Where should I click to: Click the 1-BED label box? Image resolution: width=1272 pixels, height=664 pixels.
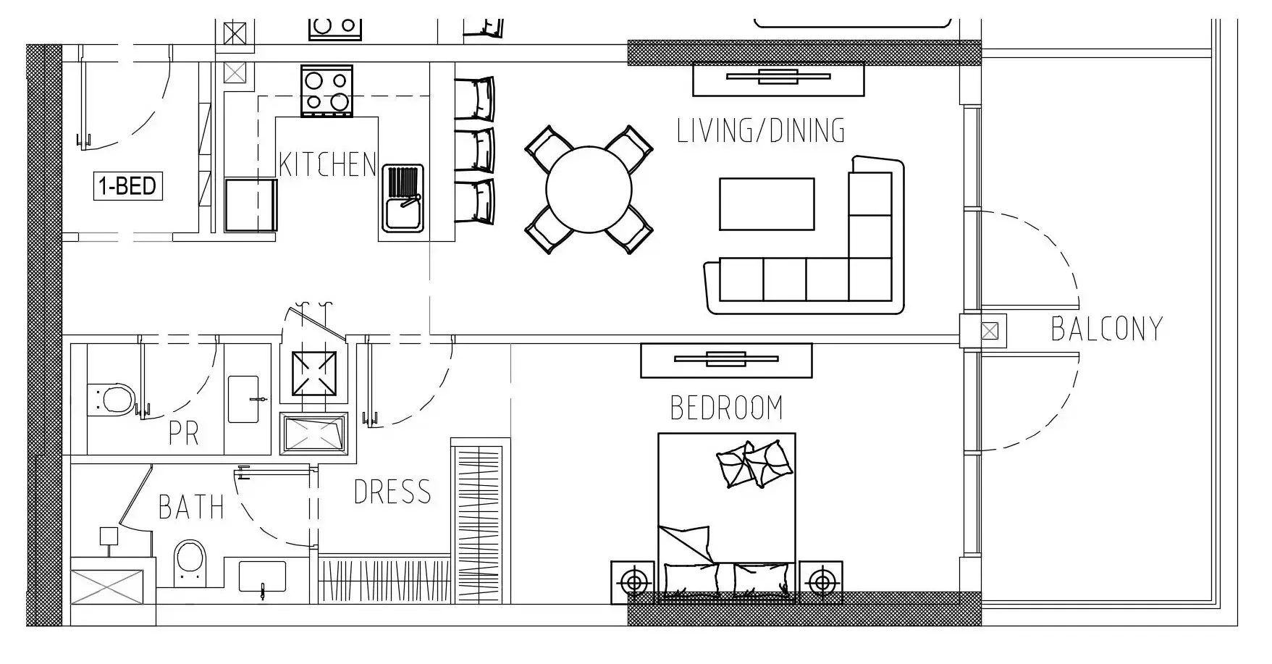tap(127, 186)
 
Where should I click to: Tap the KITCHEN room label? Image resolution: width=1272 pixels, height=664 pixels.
tap(327, 165)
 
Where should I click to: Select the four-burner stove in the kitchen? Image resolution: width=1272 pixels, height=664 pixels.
tap(327, 91)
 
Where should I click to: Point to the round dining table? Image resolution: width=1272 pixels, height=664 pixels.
tap(589, 190)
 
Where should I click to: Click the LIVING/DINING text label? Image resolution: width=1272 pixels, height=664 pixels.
tap(760, 131)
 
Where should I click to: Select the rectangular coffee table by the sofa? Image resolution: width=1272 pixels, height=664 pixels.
tap(767, 204)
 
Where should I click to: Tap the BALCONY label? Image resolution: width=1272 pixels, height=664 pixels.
tap(1105, 329)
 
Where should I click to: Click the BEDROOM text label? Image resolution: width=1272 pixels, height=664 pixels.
tap(726, 408)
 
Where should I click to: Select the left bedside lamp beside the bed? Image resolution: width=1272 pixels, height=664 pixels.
tap(634, 581)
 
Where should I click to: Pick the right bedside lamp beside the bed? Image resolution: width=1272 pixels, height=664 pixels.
tap(820, 581)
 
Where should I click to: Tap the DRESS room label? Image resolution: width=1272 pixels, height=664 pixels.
tap(392, 492)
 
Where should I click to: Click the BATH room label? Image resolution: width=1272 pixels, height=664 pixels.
tap(191, 508)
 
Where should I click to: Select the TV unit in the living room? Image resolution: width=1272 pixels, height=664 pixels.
tap(778, 78)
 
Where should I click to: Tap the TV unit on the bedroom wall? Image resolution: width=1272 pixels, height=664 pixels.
tap(726, 360)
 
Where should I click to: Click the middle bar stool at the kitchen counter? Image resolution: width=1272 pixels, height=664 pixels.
tap(476, 149)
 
